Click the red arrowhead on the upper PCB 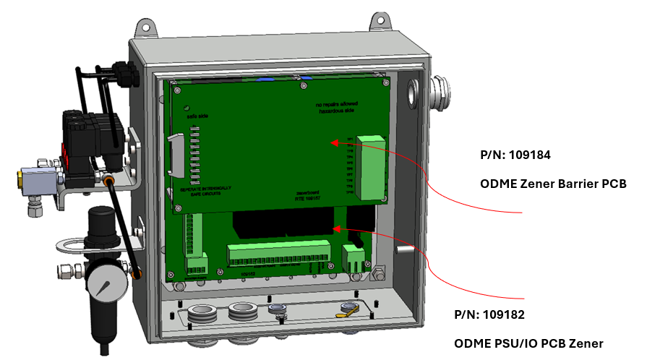tap(334, 142)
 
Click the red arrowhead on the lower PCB tap(335, 228)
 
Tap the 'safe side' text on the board tap(197, 116)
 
